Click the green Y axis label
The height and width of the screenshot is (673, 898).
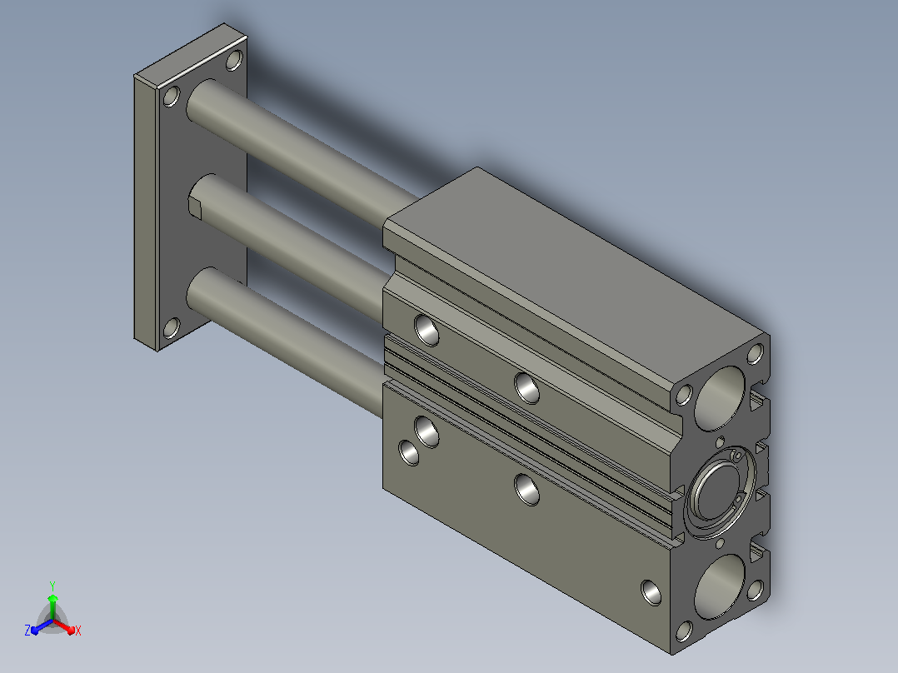52,586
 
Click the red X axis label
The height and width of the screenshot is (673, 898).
78,631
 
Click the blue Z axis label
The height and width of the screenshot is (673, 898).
27,630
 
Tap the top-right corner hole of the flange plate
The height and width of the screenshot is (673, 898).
234,60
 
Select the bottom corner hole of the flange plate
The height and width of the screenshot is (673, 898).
172,328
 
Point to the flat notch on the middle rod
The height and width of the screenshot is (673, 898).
195,207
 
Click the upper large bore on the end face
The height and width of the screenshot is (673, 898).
720,399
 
